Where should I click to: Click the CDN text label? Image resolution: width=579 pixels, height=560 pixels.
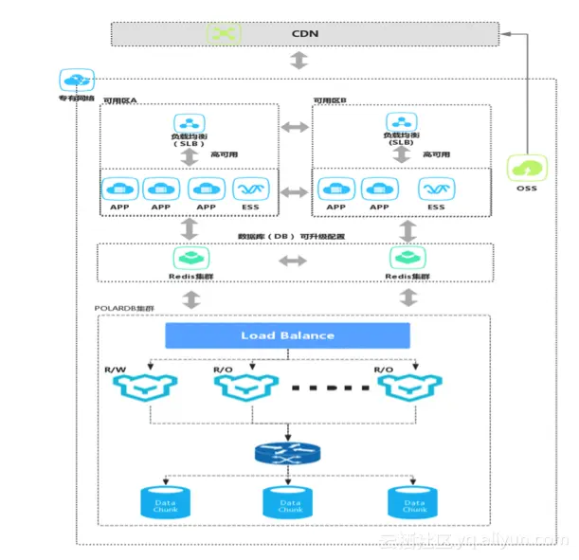coord(304,34)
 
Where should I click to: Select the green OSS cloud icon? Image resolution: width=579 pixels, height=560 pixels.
coord(525,169)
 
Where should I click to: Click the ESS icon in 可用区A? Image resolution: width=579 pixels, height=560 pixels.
coord(249,188)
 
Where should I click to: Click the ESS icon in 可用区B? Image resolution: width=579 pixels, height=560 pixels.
coord(435,188)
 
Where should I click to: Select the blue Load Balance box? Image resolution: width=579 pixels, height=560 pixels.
coord(287,335)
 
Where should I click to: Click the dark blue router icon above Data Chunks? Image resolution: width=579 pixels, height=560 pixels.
coord(287,453)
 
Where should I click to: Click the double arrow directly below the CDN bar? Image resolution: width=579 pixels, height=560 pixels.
coord(299,61)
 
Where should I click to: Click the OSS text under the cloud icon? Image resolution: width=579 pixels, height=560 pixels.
coord(526,189)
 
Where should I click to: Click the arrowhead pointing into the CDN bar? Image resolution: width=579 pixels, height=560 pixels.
coord(504,34)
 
